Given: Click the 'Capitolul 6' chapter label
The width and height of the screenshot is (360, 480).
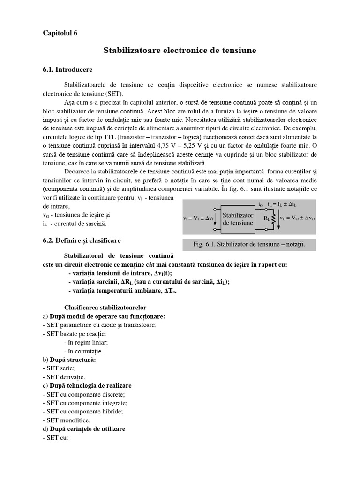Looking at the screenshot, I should (x=60, y=33).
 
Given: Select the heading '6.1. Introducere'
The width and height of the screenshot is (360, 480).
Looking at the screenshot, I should (x=67, y=69).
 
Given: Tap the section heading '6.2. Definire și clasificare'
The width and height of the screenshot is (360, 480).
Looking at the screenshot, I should (x=82, y=240).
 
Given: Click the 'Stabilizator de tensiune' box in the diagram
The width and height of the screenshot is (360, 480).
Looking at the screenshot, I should (x=238, y=218).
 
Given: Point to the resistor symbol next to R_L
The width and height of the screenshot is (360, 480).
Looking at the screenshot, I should (x=273, y=218).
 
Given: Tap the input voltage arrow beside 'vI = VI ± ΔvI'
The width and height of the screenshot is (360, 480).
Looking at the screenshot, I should (x=215, y=218).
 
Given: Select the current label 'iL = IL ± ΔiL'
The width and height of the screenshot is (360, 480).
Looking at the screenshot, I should (x=283, y=204).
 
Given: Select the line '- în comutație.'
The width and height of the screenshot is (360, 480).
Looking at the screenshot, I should (x=83, y=351).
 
